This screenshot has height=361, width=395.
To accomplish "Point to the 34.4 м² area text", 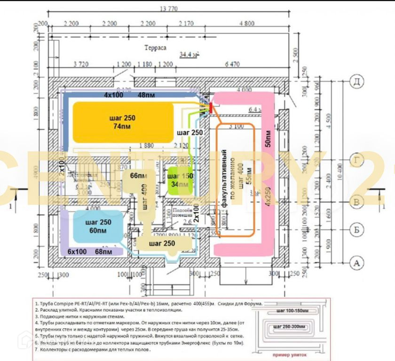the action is (x=189, y=55).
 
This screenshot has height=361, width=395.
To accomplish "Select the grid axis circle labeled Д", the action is (x=357, y=83).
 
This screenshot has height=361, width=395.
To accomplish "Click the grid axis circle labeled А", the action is (x=357, y=264).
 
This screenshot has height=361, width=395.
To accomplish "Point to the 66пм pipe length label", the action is (x=136, y=176).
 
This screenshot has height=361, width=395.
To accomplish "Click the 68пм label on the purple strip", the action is (x=104, y=251).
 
